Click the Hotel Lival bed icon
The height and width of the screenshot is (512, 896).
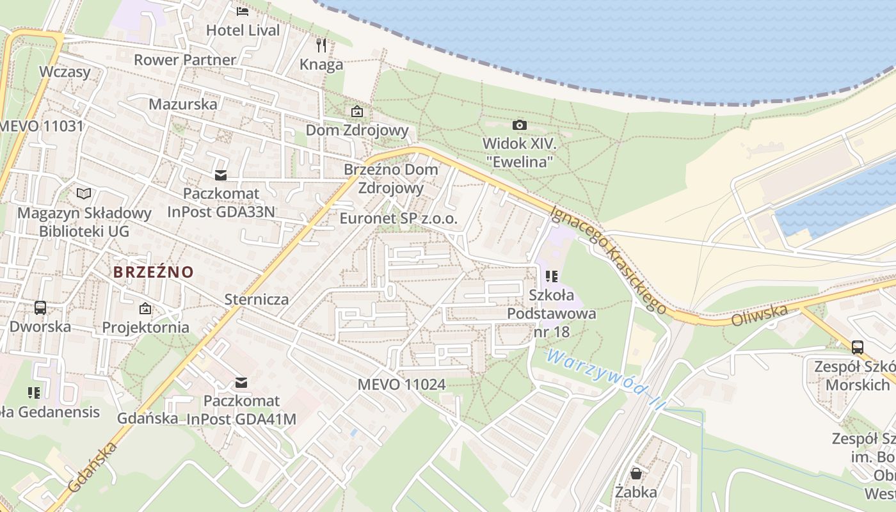click(x=242, y=11)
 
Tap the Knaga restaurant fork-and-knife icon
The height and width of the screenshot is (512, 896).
click(x=321, y=45)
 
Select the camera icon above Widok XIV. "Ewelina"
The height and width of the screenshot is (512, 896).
click(x=520, y=125)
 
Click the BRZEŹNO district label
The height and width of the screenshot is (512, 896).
click(x=154, y=272)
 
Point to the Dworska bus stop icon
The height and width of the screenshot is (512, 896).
click(x=40, y=308)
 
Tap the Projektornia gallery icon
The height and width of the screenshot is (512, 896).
click(x=145, y=308)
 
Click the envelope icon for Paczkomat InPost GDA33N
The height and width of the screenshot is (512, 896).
click(x=221, y=175)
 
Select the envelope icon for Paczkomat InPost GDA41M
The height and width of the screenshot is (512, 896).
click(x=241, y=382)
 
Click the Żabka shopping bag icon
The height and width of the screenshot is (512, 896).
click(x=636, y=474)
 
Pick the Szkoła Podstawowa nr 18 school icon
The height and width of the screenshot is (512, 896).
click(x=552, y=276)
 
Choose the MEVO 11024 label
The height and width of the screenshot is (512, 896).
click(x=401, y=385)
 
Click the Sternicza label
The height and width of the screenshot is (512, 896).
click(x=257, y=299)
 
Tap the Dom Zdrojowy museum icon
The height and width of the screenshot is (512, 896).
click(x=357, y=112)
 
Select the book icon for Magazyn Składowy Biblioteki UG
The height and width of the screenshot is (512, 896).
click(x=84, y=193)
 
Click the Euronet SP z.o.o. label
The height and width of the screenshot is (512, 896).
click(x=399, y=218)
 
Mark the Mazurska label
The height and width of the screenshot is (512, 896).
click(x=183, y=104)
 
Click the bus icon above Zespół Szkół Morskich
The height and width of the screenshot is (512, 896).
click(x=858, y=348)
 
